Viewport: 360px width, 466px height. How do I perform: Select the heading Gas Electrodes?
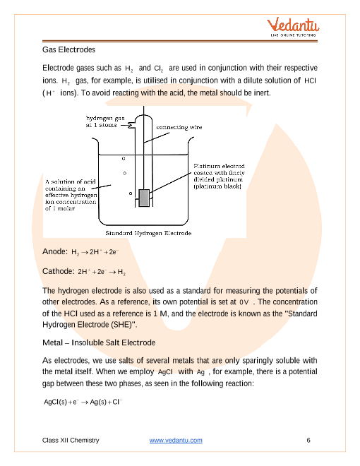[68, 50]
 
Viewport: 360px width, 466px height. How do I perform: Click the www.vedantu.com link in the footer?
[176, 441]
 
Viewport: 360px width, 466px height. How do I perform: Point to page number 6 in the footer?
[308, 441]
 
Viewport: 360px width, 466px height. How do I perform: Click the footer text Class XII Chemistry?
[71, 441]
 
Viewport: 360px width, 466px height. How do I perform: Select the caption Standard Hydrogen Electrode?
[149, 232]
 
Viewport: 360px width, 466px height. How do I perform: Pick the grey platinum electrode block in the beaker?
[145, 198]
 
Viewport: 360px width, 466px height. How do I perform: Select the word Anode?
[54, 251]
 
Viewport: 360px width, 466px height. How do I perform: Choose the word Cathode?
[58, 270]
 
